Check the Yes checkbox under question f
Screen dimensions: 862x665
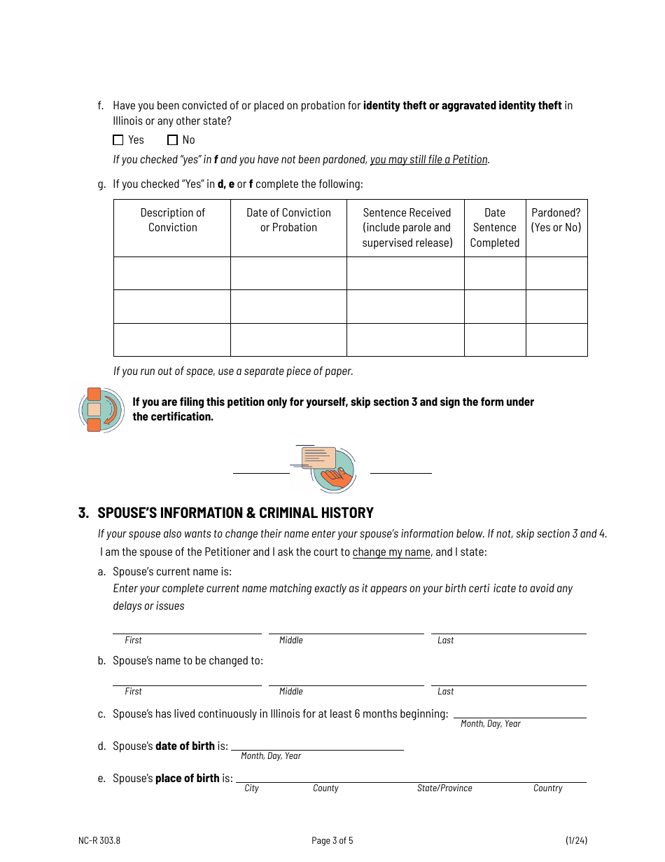pyautogui.click(x=118, y=140)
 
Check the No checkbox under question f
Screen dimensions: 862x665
pyautogui.click(x=173, y=140)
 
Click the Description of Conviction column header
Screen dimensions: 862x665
pyautogui.click(x=172, y=220)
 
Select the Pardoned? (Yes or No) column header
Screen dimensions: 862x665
pyautogui.click(x=556, y=220)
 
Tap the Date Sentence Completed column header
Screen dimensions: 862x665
pyautogui.click(x=494, y=228)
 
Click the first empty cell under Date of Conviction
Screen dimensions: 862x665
pyautogui.click(x=288, y=273)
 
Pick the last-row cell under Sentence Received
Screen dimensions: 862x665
pyautogui.click(x=405, y=340)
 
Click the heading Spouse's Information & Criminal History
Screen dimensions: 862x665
pyautogui.click(x=235, y=513)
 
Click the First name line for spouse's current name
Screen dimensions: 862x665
pyautogui.click(x=187, y=628)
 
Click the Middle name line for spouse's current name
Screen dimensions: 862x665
pyautogui.click(x=346, y=628)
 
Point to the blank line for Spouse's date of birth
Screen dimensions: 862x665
pyautogui.click(x=317, y=745)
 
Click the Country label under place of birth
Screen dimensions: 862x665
pyautogui.click(x=547, y=788)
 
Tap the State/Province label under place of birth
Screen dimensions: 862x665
pyautogui.click(x=444, y=788)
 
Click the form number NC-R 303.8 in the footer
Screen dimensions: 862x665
pyautogui.click(x=99, y=841)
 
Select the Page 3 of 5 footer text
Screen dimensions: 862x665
pyautogui.click(x=332, y=841)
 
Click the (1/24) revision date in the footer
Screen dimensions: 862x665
pyautogui.click(x=576, y=841)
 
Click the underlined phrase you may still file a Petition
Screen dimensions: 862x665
pyautogui.click(x=429, y=160)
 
